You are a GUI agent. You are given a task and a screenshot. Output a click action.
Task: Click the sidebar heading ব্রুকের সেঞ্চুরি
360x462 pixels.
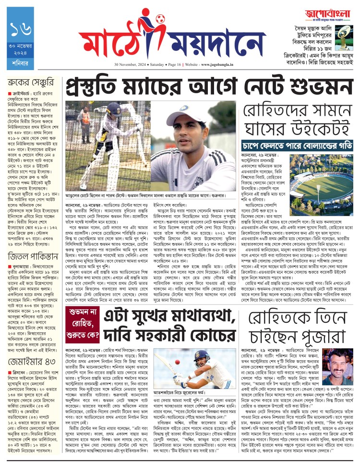click(34, 82)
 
